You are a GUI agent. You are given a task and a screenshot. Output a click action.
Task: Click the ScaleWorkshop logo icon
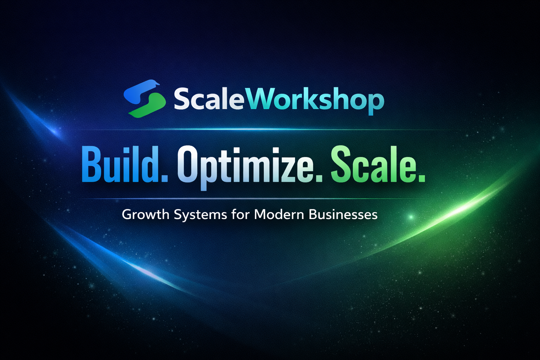[144, 98]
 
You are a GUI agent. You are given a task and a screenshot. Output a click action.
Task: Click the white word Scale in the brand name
[209, 99]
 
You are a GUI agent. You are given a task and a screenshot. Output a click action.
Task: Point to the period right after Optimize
[318, 178]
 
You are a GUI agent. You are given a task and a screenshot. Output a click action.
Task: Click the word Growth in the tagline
[146, 214]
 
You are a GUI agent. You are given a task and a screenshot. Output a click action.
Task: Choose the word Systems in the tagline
[200, 215]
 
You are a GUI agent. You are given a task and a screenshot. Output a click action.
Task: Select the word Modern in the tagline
[279, 214]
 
